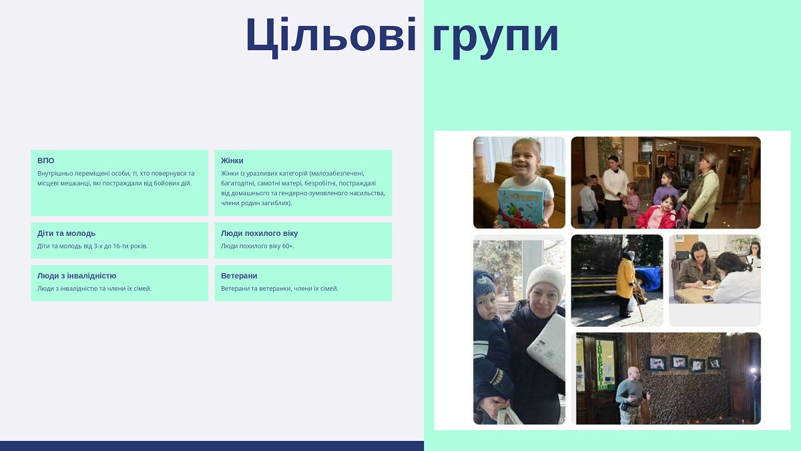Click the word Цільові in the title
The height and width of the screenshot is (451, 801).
pyautogui.click(x=331, y=37)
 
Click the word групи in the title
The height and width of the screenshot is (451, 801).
pyautogui.click(x=495, y=38)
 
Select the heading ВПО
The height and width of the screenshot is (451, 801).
pyautogui.click(x=46, y=160)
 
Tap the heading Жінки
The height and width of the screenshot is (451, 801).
pyautogui.click(x=232, y=160)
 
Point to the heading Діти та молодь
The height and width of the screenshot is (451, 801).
pyautogui.click(x=66, y=233)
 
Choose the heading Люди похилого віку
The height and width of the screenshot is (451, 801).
pyautogui.click(x=259, y=233)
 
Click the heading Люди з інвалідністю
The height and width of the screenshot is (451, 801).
pyautogui.click(x=77, y=275)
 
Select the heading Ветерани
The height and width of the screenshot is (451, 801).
pyautogui.click(x=239, y=275)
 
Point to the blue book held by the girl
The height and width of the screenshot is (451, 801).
pyautogui.click(x=521, y=208)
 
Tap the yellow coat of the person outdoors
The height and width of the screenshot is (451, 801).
pyautogui.click(x=626, y=278)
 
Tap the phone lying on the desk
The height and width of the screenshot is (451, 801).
pyautogui.click(x=708, y=298)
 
